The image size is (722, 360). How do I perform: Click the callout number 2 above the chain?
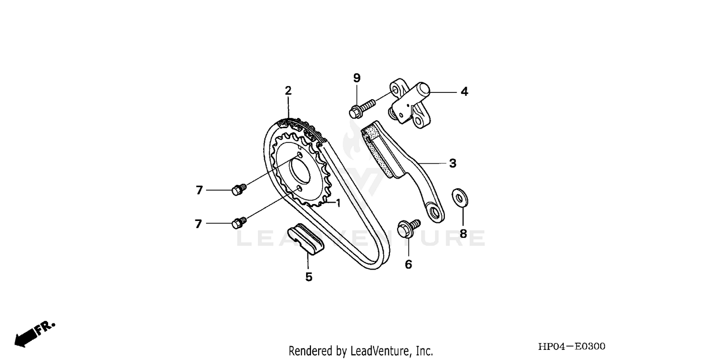coord(288,90)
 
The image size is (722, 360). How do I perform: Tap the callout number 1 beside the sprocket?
coord(338,203)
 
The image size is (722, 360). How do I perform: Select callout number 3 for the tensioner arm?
coord(452,163)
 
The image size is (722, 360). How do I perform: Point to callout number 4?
coord(464,91)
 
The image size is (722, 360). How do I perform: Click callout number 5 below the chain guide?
coord(309,277)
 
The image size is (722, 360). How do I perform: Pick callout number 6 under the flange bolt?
coord(408,264)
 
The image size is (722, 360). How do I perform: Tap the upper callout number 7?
coord(199,190)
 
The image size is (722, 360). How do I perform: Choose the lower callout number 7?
coord(198,224)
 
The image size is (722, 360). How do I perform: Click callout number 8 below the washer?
coord(463,234)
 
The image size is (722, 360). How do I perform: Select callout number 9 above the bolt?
coord(357,78)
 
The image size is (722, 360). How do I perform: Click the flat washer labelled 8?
coord(461,198)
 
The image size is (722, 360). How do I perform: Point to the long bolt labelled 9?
coord(362,108)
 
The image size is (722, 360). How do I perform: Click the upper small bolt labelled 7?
coord(239,189)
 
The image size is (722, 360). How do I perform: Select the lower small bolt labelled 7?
coord(239,222)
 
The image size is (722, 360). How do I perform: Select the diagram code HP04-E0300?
coord(572,347)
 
